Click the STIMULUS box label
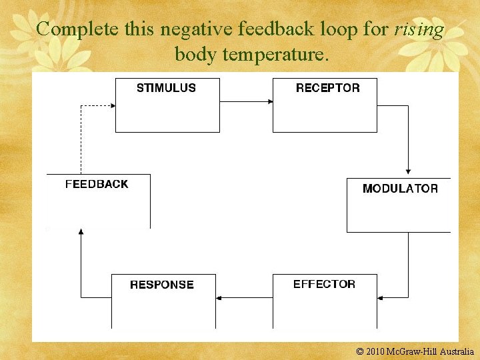pyautogui.click(x=166, y=88)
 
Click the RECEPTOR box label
pyautogui.click(x=327, y=88)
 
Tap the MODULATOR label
pyautogui.click(x=400, y=189)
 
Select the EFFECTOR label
pyautogui.click(x=324, y=284)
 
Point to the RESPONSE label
pyautogui.click(x=162, y=285)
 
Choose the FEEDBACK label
pyautogui.click(x=97, y=184)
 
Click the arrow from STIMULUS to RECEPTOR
pyautogui.click(x=246, y=101)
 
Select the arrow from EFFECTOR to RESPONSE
pyautogui.click(x=245, y=297)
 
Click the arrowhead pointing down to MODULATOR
pyautogui.click(x=408, y=171)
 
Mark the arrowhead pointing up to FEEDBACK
pyautogui.click(x=81, y=232)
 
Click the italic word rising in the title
pyautogui.click(x=419, y=30)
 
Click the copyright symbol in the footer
pyautogui.click(x=361, y=351)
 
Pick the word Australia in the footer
pyautogui.click(x=457, y=351)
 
